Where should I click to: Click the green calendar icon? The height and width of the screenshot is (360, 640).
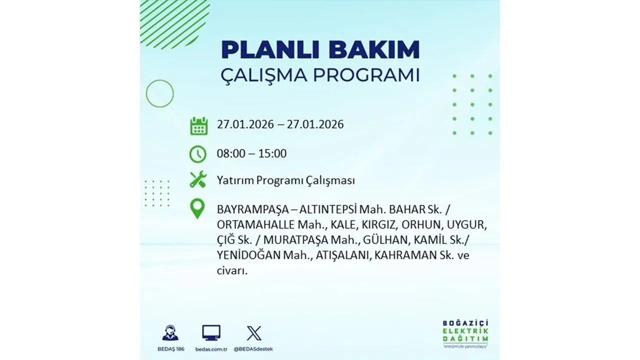(198, 125)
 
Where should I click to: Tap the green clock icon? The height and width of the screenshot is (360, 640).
(198, 154)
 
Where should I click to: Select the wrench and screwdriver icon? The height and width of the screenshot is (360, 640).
(198, 179)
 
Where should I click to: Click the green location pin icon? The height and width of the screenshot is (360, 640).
(197, 208)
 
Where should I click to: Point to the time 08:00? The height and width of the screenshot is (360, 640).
(231, 153)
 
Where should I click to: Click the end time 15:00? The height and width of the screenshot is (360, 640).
(272, 153)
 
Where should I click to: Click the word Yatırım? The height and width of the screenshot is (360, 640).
(235, 180)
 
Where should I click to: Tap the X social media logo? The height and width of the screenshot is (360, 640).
(254, 333)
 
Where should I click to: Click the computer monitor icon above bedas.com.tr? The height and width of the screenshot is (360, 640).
(211, 332)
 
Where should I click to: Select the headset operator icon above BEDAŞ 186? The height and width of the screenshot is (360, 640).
(170, 333)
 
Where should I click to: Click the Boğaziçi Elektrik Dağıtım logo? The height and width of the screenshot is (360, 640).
(465, 332)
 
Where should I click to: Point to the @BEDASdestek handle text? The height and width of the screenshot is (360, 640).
(254, 348)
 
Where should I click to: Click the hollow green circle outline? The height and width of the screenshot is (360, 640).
(159, 93)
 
